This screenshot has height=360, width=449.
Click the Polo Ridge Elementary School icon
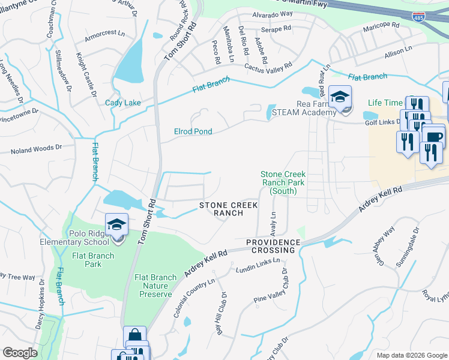(x=116, y=226)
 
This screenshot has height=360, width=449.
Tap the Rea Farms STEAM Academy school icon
(x=340, y=97)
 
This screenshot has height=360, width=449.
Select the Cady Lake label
(x=123, y=103)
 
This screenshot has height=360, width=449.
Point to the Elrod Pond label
(x=193, y=131)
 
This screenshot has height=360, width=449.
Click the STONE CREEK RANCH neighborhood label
(x=229, y=209)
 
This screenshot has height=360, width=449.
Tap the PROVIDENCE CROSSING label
(x=271, y=245)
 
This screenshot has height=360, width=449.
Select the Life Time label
(x=384, y=103)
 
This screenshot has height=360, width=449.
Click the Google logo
(x=20, y=353)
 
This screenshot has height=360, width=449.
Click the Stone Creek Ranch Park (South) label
(x=282, y=182)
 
